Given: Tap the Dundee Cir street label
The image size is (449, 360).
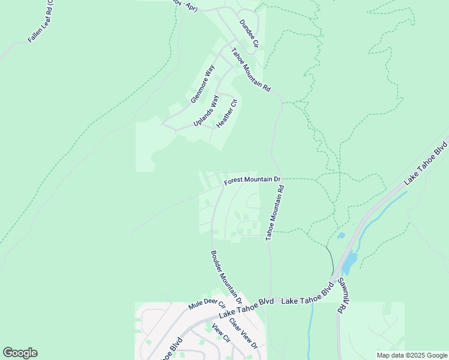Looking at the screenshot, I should (x=249, y=33).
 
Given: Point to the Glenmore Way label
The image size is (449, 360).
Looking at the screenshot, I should (x=202, y=84).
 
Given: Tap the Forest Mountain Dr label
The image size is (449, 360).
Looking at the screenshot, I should (x=253, y=180).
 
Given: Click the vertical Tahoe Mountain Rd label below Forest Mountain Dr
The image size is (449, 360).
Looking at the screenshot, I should (x=275, y=213).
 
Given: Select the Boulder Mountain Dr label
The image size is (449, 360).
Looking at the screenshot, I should (x=226, y=277).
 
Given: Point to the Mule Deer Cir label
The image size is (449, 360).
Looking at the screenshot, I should (x=206, y=305).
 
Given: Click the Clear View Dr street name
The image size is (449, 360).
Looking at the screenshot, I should (x=243, y=334).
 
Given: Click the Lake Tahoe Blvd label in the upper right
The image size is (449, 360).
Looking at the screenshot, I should (x=426, y=163).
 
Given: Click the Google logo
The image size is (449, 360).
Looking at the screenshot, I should (x=20, y=353).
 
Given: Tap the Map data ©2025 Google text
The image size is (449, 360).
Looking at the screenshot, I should (x=411, y=355).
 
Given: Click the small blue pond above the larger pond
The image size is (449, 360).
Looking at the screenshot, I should (x=341, y=236).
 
